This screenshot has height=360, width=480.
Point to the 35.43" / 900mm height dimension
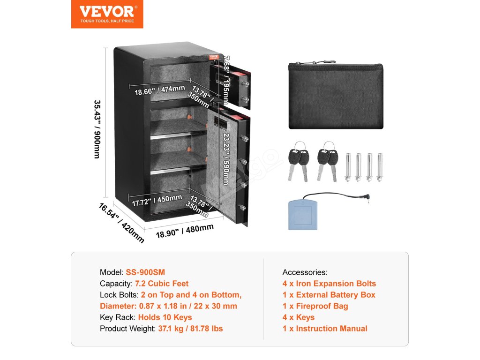pyautogui.click(x=98, y=129)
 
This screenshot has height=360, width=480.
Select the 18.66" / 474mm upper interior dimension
pyautogui.click(x=159, y=90)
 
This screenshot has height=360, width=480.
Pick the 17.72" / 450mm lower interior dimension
pyautogui.click(x=156, y=200)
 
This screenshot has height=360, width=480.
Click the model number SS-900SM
pyautogui.click(x=145, y=272)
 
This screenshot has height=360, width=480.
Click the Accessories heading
pyautogui.click(x=305, y=272)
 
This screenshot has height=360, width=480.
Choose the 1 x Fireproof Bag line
pyautogui.click(x=315, y=306)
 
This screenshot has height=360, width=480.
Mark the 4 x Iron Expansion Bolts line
pyautogui.click(x=329, y=283)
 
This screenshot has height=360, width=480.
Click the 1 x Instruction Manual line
pyautogui.click(x=325, y=329)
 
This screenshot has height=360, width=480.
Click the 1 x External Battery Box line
pyautogui.click(x=329, y=295)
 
